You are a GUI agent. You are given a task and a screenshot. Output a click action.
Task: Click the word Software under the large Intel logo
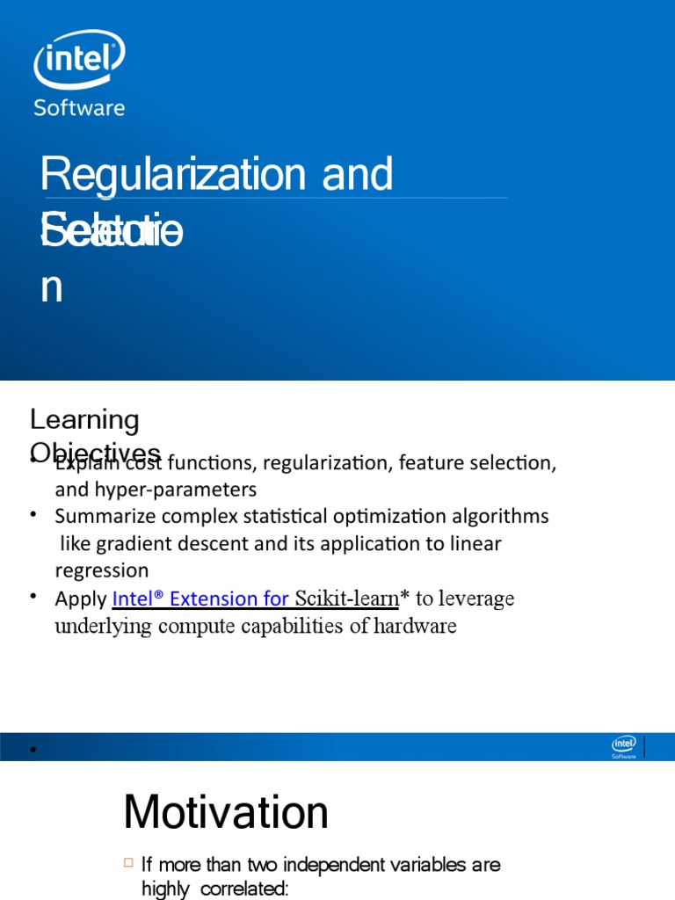(78, 108)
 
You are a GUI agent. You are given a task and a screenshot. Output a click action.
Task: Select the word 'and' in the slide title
(358, 174)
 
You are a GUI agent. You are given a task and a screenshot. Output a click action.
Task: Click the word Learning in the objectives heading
(84, 420)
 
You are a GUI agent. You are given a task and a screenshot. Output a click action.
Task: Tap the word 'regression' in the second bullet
(102, 570)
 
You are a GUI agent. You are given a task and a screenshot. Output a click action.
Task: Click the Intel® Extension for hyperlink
(200, 599)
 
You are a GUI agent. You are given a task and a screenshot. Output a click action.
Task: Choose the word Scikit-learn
(346, 599)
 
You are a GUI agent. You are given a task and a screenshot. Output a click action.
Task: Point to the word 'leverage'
(475, 599)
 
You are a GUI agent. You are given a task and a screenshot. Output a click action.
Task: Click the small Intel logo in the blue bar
(624, 747)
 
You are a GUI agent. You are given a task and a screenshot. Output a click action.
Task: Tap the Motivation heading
(226, 811)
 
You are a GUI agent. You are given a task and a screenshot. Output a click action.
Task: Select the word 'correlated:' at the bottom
(244, 889)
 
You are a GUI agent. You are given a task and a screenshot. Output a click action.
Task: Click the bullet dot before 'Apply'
(34, 598)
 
